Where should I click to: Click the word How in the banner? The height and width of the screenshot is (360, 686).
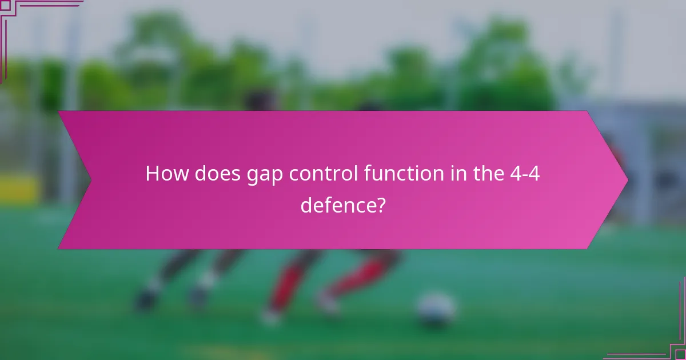click(x=165, y=173)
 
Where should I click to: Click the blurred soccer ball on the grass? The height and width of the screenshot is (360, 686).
click(x=436, y=310)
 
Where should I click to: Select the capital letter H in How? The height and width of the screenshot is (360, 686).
click(x=153, y=173)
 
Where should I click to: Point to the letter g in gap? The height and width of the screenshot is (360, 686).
click(x=253, y=175)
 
